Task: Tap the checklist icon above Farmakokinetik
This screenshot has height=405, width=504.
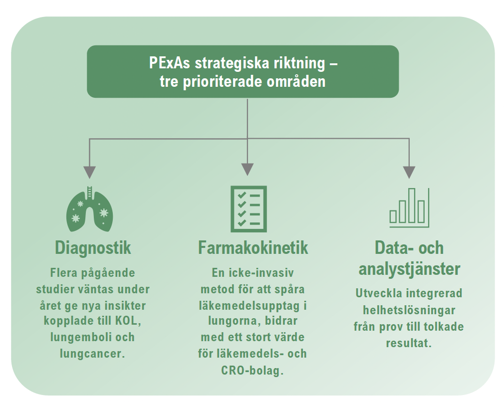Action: (x=249, y=209)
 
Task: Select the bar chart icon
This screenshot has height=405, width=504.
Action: (x=409, y=208)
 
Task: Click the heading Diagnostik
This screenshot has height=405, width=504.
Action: (x=93, y=248)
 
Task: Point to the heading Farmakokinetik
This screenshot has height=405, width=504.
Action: (x=253, y=248)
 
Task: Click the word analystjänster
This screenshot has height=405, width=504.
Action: (x=409, y=268)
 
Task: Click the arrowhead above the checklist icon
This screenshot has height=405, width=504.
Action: (x=248, y=170)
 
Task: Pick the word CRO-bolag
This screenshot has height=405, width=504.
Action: (x=252, y=371)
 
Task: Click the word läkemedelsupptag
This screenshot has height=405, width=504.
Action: (x=249, y=306)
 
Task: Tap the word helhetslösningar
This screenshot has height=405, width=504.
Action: (x=409, y=310)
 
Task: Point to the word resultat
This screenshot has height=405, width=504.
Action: (x=409, y=343)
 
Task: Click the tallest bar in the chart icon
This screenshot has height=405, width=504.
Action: (x=411, y=205)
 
